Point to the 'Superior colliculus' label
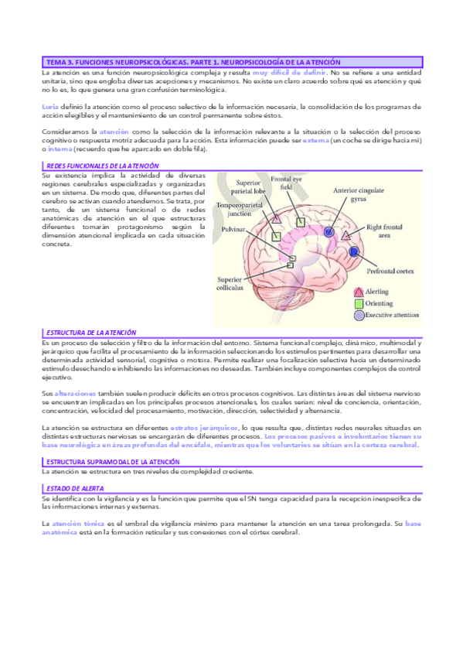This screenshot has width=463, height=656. (231, 283)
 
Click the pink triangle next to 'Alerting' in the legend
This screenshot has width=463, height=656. (359, 292)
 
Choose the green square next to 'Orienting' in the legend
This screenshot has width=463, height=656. (359, 303)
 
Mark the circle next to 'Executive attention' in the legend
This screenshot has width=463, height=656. (359, 315)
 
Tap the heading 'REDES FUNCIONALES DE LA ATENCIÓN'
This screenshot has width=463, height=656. (103, 166)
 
